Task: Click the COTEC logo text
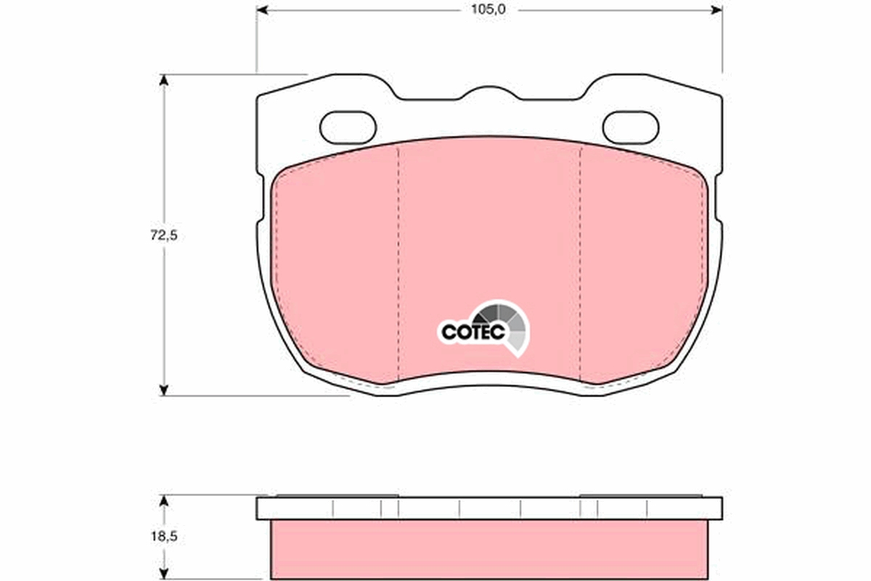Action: [x=468, y=332]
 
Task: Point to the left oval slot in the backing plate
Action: [x=348, y=127]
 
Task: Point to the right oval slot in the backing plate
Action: [x=630, y=127]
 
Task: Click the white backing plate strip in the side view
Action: [x=489, y=508]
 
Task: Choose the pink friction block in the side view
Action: [x=489, y=550]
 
